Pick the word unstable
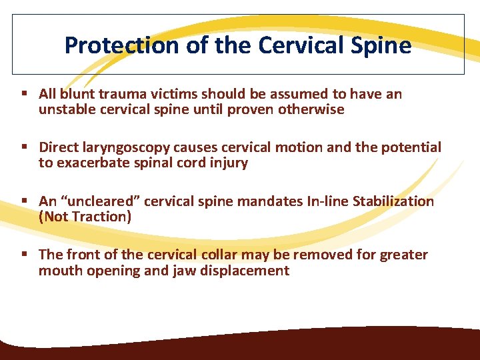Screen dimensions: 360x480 click(67, 110)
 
